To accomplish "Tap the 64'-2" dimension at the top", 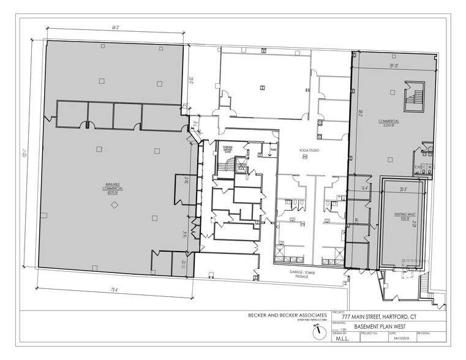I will pyautogui.click(x=114, y=28).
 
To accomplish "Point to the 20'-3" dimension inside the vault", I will pyautogui.click(x=403, y=189).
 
